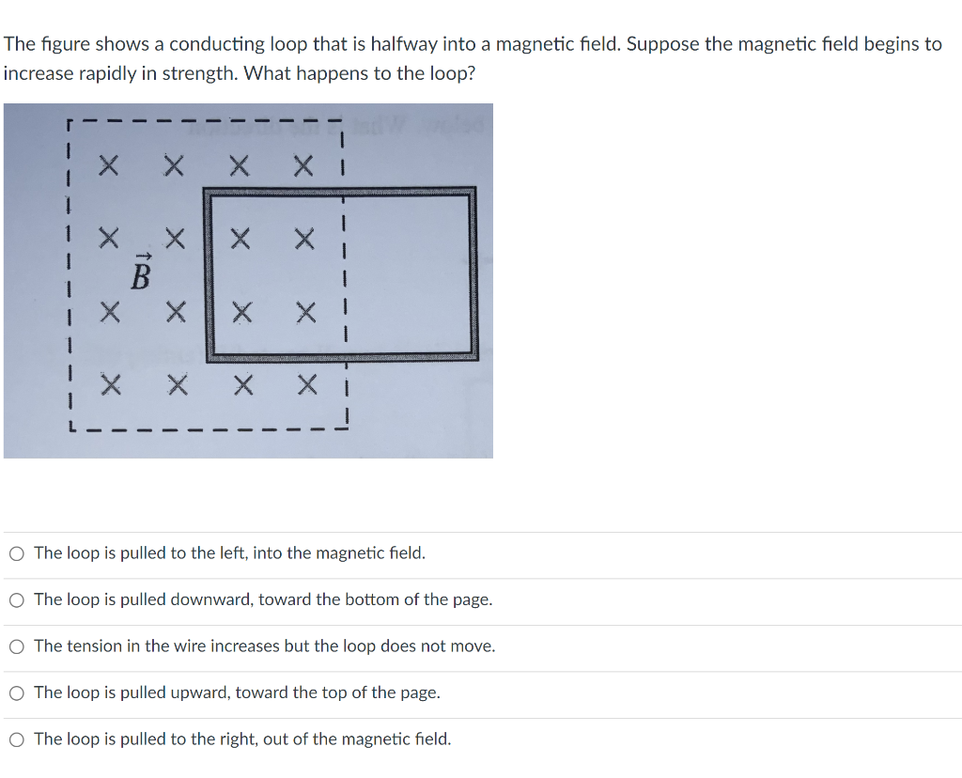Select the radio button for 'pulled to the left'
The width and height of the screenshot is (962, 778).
pos(17,553)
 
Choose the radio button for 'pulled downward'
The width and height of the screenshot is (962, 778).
pos(17,599)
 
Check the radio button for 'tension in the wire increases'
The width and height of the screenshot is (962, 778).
pos(17,646)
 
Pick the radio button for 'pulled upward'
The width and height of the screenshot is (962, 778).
pos(17,693)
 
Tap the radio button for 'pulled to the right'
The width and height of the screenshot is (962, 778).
pos(17,739)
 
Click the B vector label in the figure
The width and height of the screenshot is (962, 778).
pos(140,273)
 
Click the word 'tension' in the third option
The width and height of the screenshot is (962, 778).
pos(93,646)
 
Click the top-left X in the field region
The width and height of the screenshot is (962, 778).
pos(110,167)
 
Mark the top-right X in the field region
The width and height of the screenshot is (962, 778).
pos(303,167)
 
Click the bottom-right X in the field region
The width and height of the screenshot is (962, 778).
pos(303,383)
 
